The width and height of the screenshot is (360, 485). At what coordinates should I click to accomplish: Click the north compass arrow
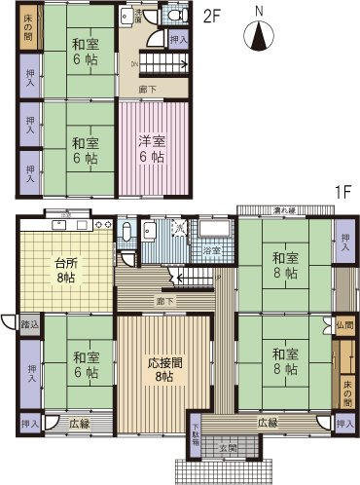coord(258,37)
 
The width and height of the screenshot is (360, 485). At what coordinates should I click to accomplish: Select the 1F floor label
coord(341,192)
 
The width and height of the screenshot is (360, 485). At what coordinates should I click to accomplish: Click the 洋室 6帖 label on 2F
coord(151,148)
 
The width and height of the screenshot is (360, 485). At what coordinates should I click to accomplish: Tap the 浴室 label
coord(211,251)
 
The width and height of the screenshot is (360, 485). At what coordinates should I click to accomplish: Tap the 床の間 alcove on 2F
coord(29,26)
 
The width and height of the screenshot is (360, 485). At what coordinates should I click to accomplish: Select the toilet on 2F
coord(175,17)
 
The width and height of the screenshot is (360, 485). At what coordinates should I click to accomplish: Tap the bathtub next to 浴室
coord(213,231)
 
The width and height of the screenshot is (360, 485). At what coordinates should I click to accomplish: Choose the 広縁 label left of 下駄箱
coord(80,423)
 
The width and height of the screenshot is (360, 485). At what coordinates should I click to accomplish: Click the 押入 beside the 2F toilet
coord(177,39)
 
